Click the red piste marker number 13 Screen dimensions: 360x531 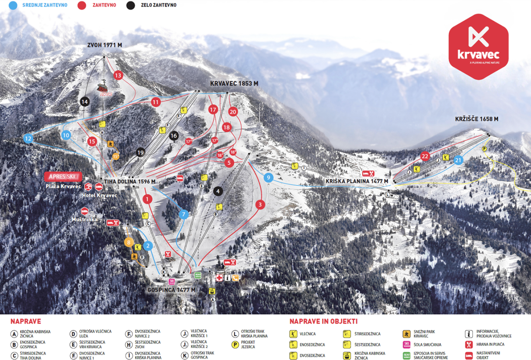click(118, 75)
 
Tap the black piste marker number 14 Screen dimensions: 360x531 click(84, 101)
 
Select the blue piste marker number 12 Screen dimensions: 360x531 click(28, 139)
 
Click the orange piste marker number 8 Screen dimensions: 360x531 click(129, 242)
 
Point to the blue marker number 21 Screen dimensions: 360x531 click(458, 160)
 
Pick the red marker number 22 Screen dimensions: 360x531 click(425, 156)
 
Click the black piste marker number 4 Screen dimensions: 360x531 click(218, 191)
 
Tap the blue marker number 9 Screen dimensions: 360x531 click(268, 177)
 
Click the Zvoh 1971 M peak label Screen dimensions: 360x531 click(104, 45)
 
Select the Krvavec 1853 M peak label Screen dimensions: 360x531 click(234, 83)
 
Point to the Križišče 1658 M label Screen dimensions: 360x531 click(476, 119)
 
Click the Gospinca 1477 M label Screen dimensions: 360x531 click(171, 290)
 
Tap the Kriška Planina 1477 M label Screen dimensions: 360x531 click(357, 181)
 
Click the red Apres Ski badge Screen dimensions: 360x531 click(63, 177)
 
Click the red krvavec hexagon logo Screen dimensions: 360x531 click(478, 47)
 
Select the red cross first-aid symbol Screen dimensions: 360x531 click(219, 278)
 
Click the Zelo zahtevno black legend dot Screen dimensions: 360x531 click(131, 5)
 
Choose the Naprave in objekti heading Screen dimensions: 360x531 click(323, 321)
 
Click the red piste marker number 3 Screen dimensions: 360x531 click(260, 204)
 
